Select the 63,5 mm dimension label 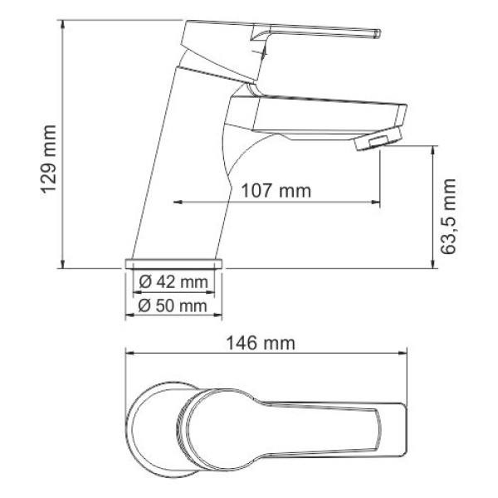[x=450, y=215]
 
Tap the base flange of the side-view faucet [x=175, y=263]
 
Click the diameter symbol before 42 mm [x=144, y=282]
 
